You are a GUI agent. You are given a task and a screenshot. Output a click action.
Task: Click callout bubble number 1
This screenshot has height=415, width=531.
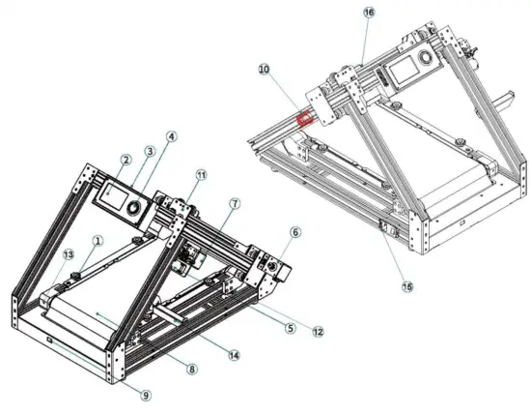(x=98, y=239)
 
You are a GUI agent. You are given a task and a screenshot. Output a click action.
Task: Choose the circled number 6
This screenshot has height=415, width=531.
(x=295, y=232)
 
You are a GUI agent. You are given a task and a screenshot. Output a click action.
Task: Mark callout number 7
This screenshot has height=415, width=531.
(x=234, y=203)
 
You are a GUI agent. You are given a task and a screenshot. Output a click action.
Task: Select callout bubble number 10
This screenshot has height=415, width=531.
(x=265, y=69)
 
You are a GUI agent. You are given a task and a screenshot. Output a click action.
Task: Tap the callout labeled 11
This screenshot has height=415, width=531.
(x=201, y=174)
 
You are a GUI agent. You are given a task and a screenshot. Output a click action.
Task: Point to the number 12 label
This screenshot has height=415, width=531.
(x=317, y=332)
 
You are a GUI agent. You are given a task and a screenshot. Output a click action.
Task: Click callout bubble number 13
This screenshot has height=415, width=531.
(x=68, y=253)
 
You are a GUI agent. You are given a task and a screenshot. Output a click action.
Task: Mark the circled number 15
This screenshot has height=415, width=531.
(x=406, y=285)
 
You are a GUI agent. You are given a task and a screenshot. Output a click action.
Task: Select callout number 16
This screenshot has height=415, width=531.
(x=368, y=12)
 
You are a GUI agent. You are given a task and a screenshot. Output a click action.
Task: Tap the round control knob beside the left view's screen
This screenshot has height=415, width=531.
(x=132, y=207)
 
